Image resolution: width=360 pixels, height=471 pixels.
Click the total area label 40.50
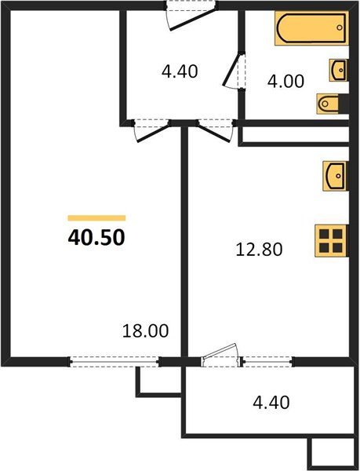pos(96,236)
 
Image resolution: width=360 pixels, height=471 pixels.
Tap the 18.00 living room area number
pos(147,331)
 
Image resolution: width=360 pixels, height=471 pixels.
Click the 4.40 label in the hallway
pos(179,71)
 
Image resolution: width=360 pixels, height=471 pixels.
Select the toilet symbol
pos(330,102)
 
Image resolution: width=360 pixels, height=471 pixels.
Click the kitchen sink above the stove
pos(333,174)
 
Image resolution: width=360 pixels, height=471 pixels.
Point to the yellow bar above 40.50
pos(96,217)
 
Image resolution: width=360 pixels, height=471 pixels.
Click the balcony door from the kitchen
pos(220,356)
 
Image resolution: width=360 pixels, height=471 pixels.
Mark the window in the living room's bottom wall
pos(114,362)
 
